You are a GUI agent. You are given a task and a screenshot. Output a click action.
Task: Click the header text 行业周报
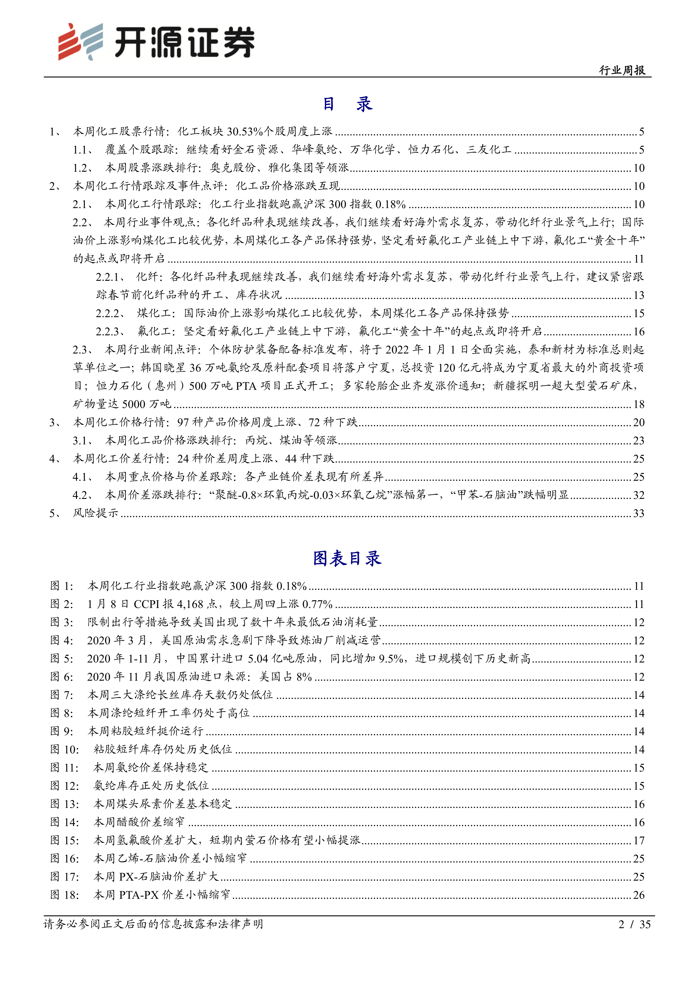pyautogui.click(x=622, y=70)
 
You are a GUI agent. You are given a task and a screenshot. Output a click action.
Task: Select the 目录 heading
pyautogui.click(x=347, y=104)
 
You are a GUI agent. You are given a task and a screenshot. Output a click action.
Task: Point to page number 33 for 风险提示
pyautogui.click(x=638, y=513)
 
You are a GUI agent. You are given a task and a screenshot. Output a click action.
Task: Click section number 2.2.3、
pyautogui.click(x=110, y=332)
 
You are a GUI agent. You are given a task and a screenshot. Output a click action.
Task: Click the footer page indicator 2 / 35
pyautogui.click(x=634, y=924)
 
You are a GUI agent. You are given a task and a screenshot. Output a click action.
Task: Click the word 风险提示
pyautogui.click(x=95, y=513)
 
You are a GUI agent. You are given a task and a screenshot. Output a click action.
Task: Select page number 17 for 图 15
pyautogui.click(x=638, y=840)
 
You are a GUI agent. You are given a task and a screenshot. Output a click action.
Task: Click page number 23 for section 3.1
pyautogui.click(x=638, y=440)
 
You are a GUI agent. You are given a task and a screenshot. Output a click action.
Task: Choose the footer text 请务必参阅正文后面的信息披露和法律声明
pyautogui.click(x=153, y=924)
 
